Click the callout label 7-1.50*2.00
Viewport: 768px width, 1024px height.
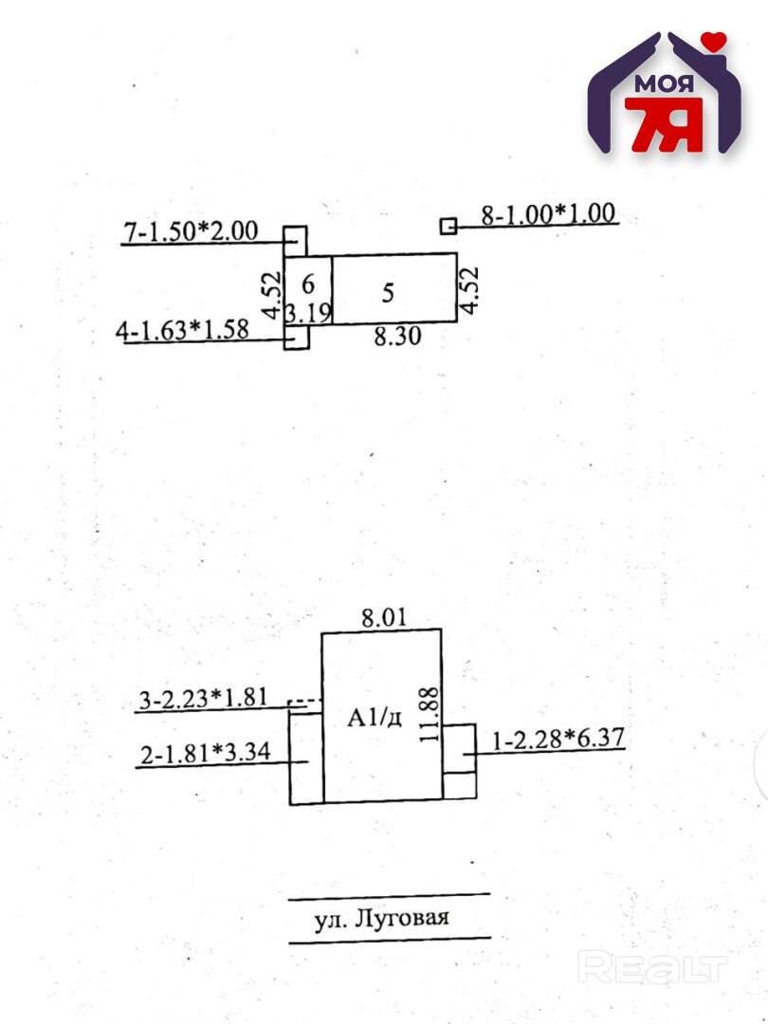[192, 230]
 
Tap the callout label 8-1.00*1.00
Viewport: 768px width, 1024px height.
[548, 213]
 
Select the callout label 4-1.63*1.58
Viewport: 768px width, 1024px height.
[182, 331]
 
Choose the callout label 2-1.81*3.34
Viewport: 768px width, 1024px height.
[205, 754]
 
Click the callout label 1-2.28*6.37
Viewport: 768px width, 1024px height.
[557, 738]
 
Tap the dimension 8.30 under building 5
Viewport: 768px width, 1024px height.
[395, 337]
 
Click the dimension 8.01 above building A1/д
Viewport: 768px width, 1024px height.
[383, 618]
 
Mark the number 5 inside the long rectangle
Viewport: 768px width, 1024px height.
[387, 293]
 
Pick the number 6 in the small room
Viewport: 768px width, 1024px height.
[307, 283]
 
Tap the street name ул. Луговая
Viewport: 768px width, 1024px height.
[381, 919]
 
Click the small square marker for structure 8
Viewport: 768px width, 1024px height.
[448, 226]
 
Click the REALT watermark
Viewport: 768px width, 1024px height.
[653, 968]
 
